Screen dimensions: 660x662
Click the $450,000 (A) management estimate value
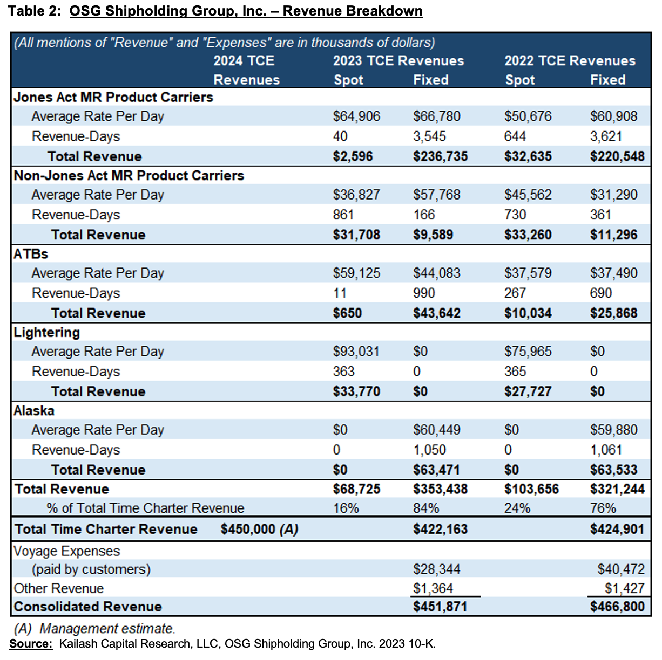259,529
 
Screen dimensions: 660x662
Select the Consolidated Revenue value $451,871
440,607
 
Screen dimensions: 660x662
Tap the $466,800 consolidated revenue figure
617,607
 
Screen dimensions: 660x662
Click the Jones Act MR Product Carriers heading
113,97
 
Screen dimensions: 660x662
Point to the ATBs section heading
31,254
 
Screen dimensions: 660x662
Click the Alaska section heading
34,411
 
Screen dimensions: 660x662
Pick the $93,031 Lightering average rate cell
356,352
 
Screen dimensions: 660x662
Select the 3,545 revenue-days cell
429,136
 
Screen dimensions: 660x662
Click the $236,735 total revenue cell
440,156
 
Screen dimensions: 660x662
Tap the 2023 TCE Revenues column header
398,61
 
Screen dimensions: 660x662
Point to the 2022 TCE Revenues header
570,61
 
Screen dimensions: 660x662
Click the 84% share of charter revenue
426,508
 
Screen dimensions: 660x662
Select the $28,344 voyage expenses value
436,569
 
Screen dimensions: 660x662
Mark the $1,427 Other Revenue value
624,588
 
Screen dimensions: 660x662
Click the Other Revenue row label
59,588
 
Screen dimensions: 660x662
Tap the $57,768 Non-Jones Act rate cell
436,195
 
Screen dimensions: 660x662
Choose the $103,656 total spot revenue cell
531,489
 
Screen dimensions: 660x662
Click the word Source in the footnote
31,644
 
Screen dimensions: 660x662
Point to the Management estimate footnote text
107,629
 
